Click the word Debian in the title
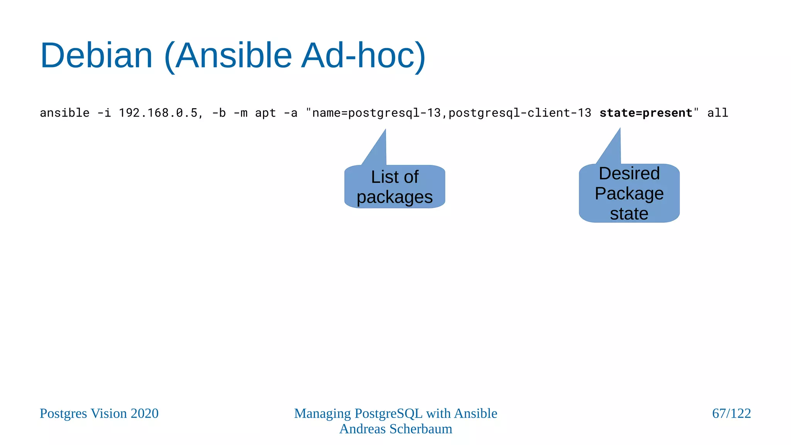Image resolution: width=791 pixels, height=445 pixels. tap(97, 56)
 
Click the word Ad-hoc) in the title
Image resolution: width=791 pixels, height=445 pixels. tap(363, 56)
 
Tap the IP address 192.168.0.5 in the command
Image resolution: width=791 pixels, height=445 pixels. tap(158, 113)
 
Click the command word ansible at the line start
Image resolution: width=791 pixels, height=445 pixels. tap(65, 113)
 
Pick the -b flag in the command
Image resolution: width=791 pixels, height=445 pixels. tap(219, 113)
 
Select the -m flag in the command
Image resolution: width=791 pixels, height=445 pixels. tap(240, 113)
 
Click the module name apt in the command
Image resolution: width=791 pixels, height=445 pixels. tap(265, 113)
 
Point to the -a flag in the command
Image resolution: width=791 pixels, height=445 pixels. tap(290, 113)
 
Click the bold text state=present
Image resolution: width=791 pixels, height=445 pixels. tap(646, 113)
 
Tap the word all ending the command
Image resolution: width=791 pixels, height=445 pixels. tap(718, 113)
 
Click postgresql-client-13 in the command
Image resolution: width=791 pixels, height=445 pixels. tap(519, 113)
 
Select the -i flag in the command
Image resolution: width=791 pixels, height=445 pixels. tap(104, 113)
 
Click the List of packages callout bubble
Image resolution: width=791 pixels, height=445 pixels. tap(394, 187)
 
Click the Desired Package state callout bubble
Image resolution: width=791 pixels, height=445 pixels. tap(629, 193)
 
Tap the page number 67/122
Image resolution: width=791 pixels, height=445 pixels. tap(731, 413)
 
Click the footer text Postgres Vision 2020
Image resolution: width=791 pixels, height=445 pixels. tap(99, 413)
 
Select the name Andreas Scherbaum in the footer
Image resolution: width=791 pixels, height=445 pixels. tap(395, 429)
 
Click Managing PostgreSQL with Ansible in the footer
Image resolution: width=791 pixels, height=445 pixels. tap(395, 413)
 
